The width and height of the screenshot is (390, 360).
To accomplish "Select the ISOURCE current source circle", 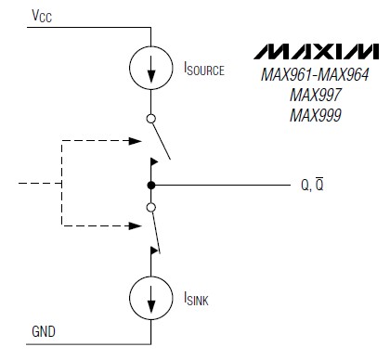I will [151, 69].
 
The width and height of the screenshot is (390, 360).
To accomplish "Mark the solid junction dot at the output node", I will [151, 185].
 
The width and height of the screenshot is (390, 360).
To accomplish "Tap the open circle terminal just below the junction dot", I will [151, 208].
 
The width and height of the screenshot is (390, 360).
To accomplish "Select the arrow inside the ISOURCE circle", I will [151, 69].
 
